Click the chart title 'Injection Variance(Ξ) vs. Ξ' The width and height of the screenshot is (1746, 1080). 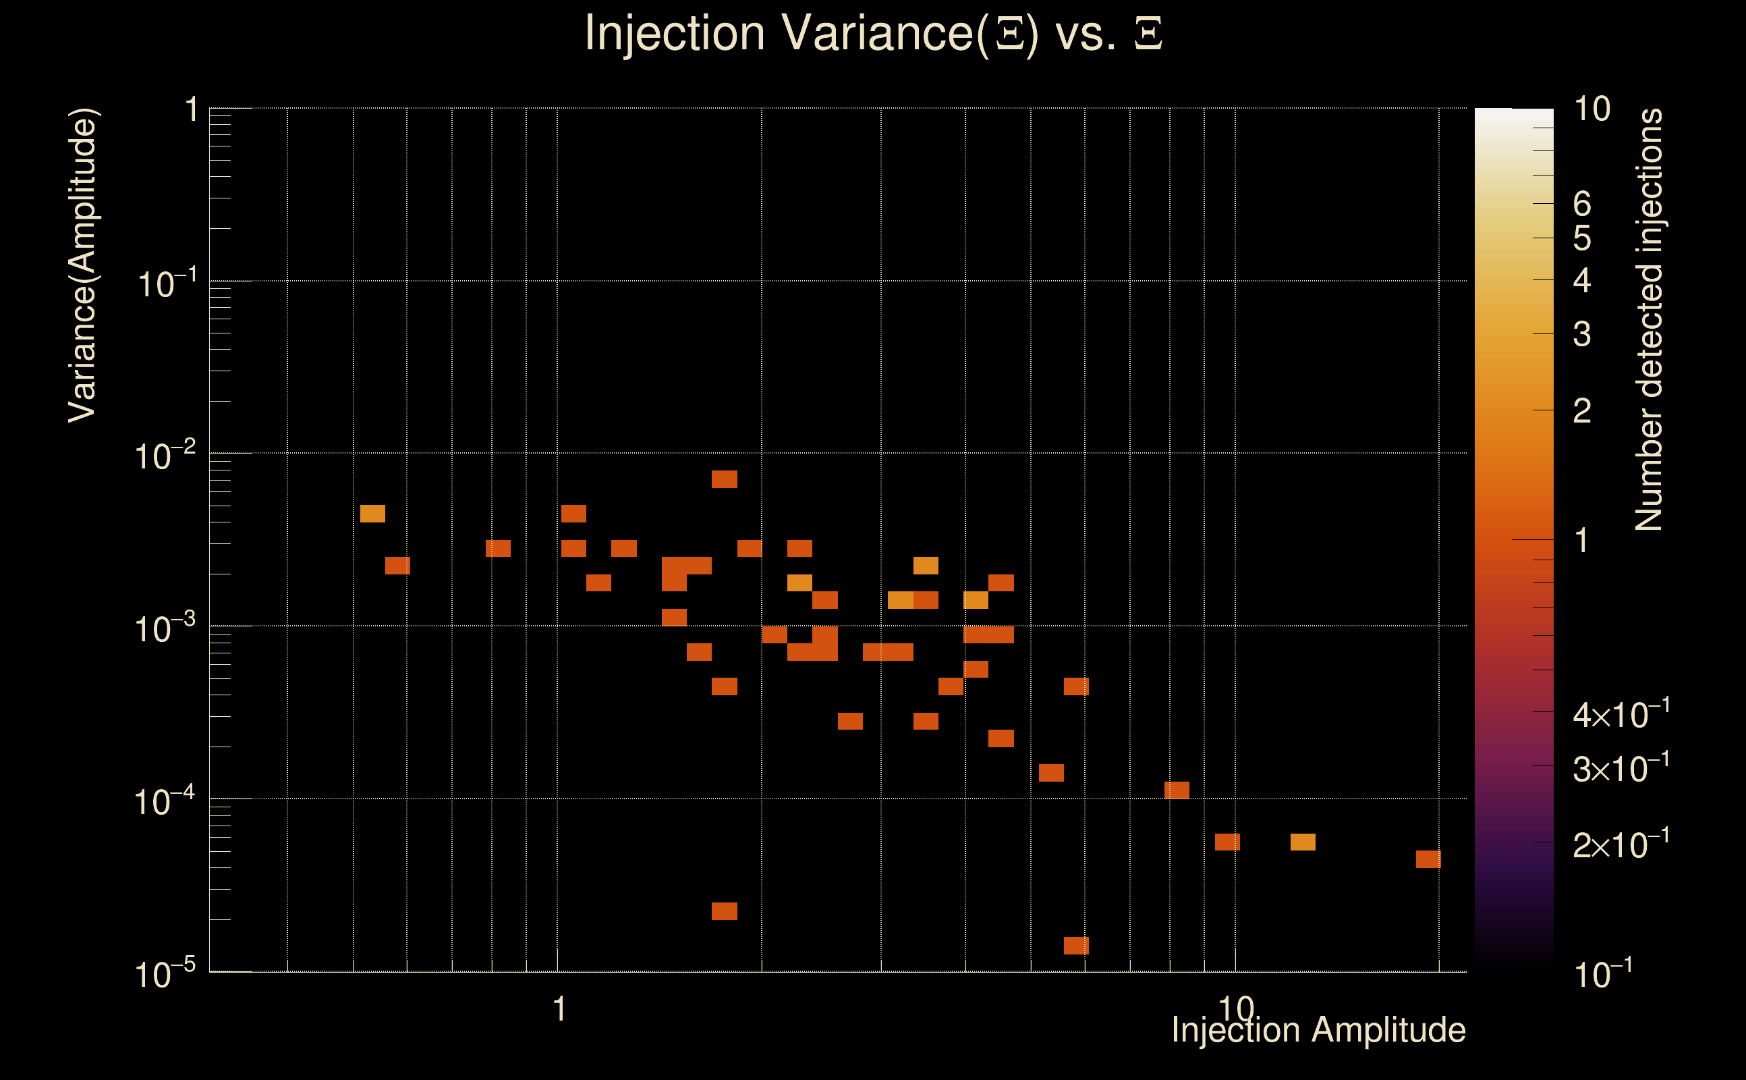(873, 34)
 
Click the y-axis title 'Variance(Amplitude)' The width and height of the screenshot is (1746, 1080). (83, 265)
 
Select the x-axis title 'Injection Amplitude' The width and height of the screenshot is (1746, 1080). (1318, 1030)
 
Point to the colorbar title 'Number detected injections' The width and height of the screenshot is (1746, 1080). (1649, 319)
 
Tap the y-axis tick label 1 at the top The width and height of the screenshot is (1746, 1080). (192, 111)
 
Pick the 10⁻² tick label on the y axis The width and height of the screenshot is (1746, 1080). (165, 456)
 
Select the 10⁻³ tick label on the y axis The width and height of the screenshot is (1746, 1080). (165, 628)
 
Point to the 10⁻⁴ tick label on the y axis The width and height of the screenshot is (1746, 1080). (165, 801)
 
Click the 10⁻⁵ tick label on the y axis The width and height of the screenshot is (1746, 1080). (165, 974)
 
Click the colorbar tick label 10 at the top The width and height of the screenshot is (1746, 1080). (1592, 109)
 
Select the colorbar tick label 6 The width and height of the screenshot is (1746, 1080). (1582, 205)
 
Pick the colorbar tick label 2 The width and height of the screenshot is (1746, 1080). (1582, 410)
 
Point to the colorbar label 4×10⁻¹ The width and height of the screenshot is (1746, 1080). (1621, 715)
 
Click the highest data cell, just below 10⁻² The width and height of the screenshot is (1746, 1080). (725, 479)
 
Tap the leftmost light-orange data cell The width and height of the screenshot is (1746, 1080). (372, 514)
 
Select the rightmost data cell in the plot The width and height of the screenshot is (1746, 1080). (1428, 859)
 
